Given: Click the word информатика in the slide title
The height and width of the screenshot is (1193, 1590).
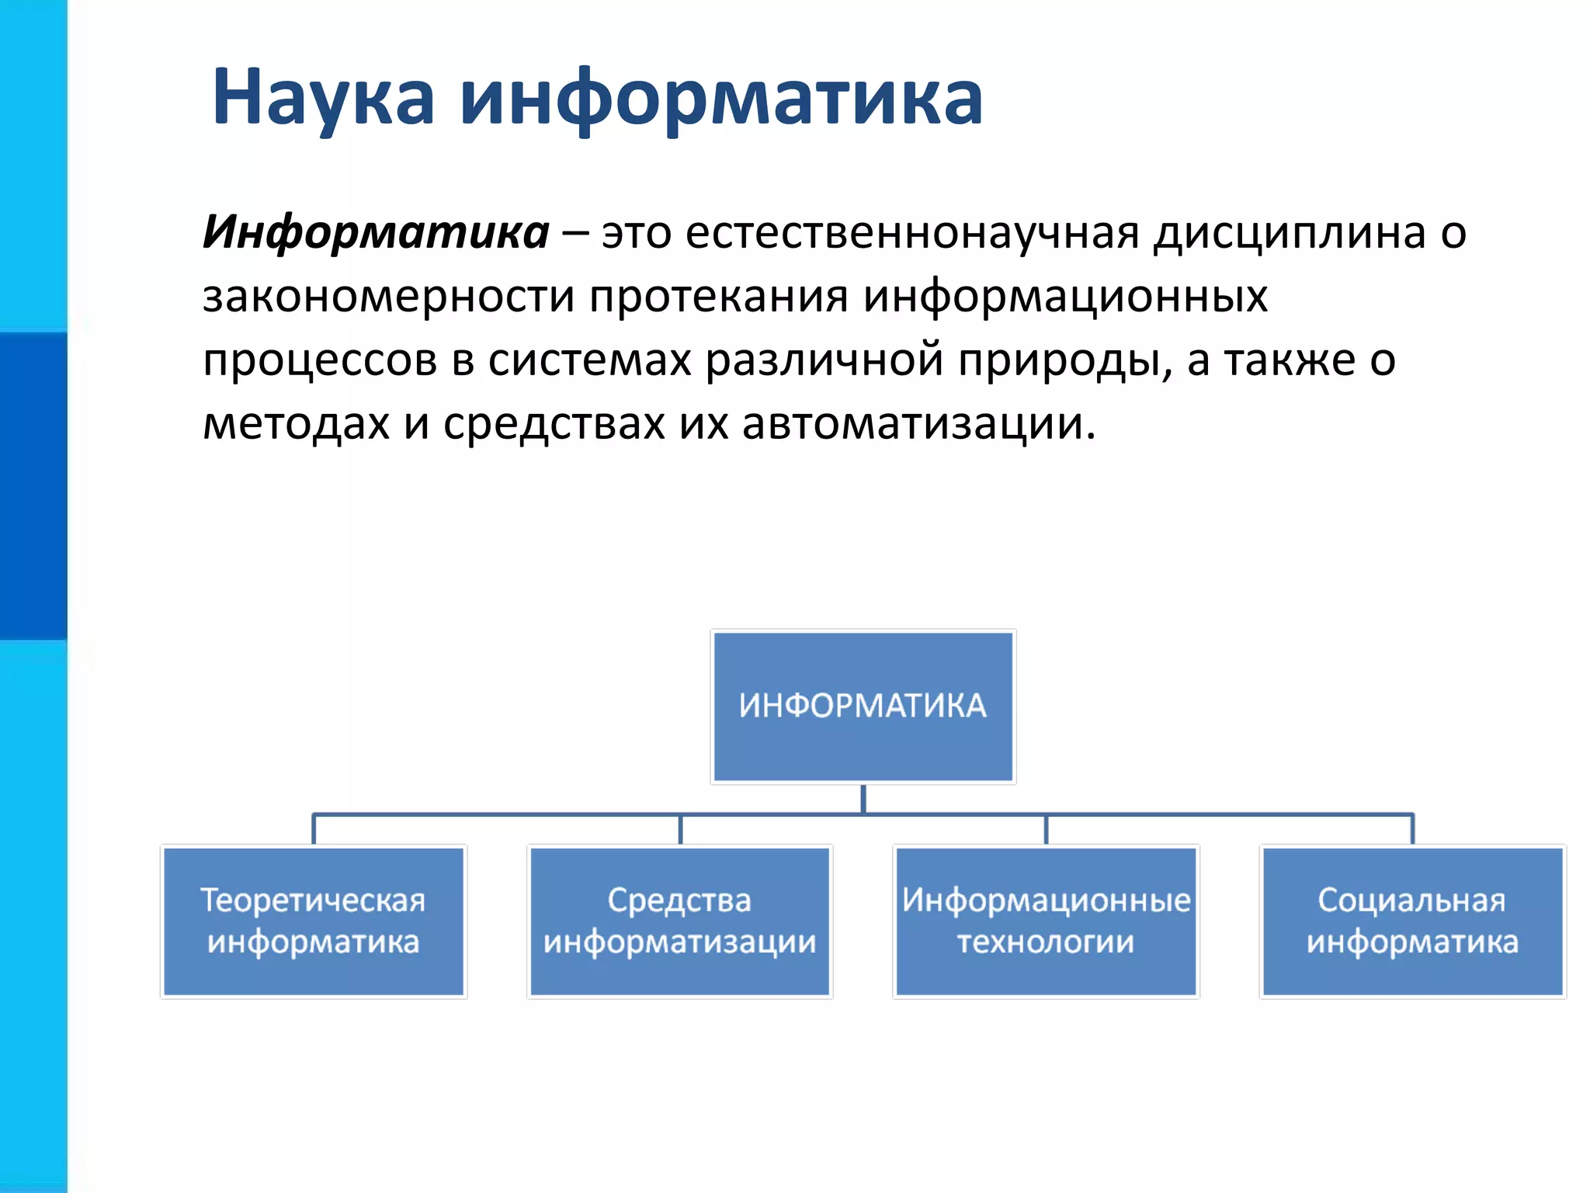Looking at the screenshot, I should pos(720,98).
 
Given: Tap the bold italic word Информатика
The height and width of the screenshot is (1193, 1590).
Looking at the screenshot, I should pos(376,232).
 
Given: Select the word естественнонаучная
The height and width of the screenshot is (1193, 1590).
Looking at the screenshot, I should pos(912,232).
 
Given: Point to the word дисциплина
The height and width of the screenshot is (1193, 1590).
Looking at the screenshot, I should pos(1289,232).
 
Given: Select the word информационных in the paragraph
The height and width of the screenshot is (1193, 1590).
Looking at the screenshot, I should pos(1065,297).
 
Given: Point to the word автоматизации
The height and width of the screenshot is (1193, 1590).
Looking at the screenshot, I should pos(918,425).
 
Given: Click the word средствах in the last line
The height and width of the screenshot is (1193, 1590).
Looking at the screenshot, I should pos(554,425).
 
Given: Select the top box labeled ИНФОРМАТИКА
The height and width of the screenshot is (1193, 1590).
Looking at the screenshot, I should pos(863,706).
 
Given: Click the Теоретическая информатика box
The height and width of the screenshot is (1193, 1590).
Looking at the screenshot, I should pos(313,921).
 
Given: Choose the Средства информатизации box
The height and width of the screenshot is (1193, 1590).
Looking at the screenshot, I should pos(679,921).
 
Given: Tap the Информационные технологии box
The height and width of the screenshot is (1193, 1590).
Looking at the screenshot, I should pos(1046,921).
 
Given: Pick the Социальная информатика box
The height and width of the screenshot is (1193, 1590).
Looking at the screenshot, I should pos(1411,921).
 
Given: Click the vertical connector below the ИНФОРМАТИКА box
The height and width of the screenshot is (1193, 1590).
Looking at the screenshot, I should pos(863,799).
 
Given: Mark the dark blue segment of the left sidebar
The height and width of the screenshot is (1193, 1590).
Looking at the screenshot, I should pos(33,485).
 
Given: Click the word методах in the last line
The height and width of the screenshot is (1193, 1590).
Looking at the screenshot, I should pos(296,425).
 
